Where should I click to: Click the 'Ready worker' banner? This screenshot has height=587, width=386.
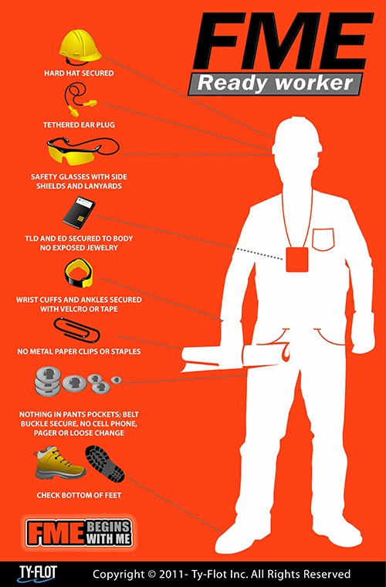[275, 83]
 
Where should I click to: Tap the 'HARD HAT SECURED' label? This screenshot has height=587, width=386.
[79, 73]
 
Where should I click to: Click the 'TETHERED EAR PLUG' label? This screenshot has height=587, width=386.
[79, 124]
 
